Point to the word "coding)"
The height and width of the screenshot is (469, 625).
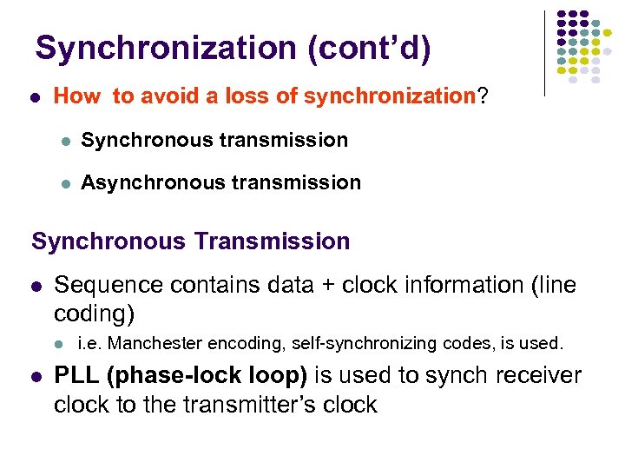pos(93,313)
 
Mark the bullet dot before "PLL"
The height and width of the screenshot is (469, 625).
pos(36,377)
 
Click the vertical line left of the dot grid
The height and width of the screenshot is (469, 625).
pos(545,52)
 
